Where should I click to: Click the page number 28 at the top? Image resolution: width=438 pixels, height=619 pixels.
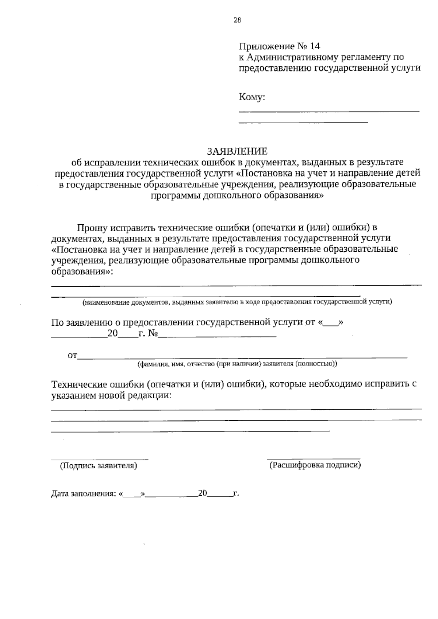tap(237, 20)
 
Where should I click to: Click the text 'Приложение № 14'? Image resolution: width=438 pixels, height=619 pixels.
tap(279, 46)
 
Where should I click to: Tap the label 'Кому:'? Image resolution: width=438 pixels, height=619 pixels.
tap(252, 97)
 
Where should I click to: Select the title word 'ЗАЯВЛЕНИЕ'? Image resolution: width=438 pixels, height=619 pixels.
tap(237, 151)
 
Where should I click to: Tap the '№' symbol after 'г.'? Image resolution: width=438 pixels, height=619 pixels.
tap(153, 334)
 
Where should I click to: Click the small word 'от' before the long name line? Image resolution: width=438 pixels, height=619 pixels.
tap(72, 356)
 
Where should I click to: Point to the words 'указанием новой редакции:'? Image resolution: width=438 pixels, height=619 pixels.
tap(111, 395)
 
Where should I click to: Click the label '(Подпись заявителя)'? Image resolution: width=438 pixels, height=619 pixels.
tap(99, 466)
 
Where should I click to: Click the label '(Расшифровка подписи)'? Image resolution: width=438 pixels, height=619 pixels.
tap(315, 465)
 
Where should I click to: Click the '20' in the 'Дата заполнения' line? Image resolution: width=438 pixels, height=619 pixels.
tap(203, 494)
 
